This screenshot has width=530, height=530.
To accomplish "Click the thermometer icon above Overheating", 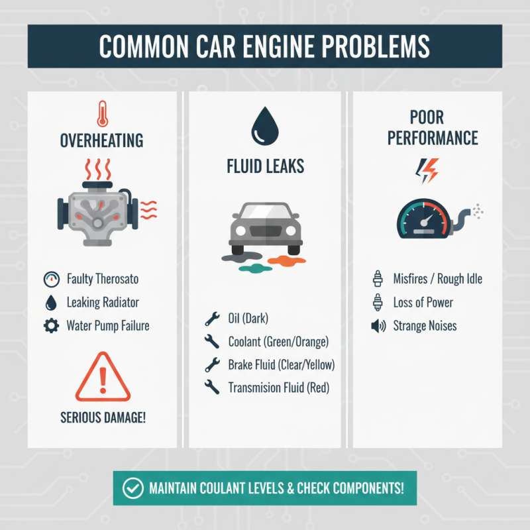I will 101,113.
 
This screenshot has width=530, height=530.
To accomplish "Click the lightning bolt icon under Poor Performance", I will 426,171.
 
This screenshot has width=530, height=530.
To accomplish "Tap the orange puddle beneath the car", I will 287,260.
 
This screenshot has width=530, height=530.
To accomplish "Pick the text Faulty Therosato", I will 101,279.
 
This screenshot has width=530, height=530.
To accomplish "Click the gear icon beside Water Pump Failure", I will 50,326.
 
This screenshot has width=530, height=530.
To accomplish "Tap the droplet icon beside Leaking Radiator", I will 50,303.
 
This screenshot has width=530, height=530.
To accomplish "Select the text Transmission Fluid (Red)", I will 278,388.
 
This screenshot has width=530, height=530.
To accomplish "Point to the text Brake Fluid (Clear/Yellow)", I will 281,365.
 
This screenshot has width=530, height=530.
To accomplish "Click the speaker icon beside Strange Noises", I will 379,326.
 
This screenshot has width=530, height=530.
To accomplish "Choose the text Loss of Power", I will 423,303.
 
